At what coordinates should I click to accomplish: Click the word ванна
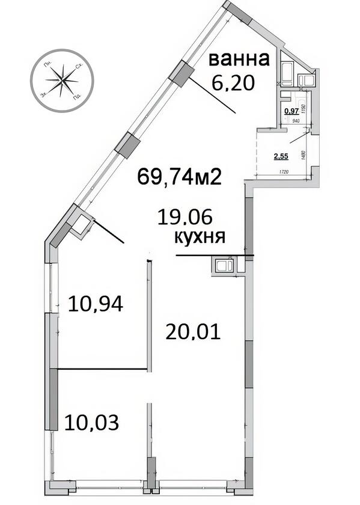(238, 60)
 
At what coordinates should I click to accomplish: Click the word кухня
(200, 236)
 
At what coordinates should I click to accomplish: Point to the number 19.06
(185, 216)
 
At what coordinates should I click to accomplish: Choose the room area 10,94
(96, 304)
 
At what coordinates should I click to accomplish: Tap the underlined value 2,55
(281, 158)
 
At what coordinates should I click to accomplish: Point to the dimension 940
(296, 121)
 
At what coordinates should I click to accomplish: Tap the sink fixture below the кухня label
(225, 265)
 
